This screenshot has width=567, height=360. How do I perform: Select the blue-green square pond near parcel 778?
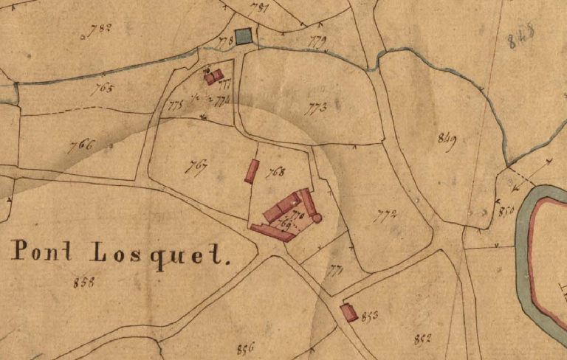point(243,36)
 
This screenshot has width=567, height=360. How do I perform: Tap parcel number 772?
point(386,216)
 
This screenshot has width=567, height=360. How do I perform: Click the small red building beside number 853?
point(348,312)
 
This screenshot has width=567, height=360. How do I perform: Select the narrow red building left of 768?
point(252,171)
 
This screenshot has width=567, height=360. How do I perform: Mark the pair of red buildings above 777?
point(213,76)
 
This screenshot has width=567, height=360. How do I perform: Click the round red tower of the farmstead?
point(317,218)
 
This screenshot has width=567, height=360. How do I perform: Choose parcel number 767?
point(196,165)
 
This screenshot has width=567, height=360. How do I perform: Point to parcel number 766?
point(81,145)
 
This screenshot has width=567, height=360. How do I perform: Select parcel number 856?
point(246,348)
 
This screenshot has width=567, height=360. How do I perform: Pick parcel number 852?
point(422,339)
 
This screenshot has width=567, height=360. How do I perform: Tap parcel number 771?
point(336,271)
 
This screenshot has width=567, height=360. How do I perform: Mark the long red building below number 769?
point(272,233)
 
